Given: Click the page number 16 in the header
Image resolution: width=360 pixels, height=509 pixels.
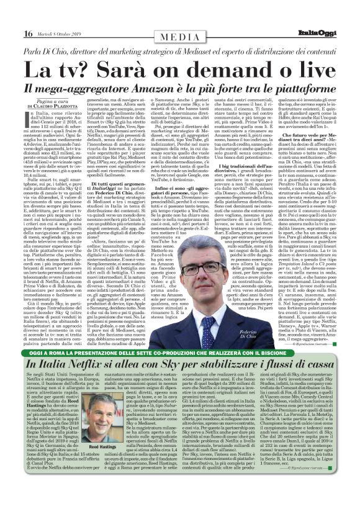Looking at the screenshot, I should (12, 7).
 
